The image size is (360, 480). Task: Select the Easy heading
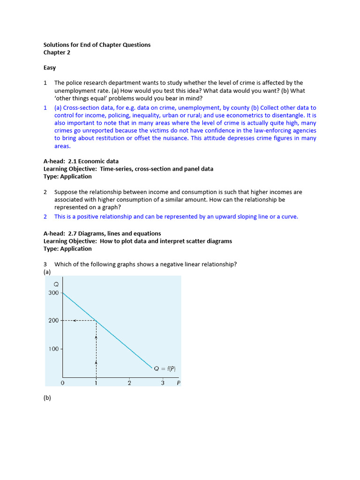point(50,67)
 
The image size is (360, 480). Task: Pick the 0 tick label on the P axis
point(63,383)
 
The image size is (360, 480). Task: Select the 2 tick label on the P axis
point(129,383)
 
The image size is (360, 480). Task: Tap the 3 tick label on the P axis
point(163,383)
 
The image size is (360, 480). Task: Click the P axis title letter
point(178,383)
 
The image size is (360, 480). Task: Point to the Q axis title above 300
point(56,284)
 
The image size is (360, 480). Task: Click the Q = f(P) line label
point(165,368)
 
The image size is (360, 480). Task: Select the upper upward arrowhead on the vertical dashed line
point(96,337)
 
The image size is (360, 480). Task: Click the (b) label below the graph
point(47,398)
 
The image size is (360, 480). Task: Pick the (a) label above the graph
point(47,272)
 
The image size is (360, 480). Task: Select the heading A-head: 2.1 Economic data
point(81,161)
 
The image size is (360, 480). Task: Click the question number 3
point(45,264)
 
